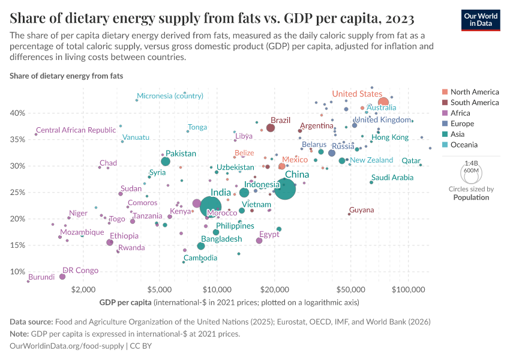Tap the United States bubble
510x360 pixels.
tap(383, 103)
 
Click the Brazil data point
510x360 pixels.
tap(271, 128)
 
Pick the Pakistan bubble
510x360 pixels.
tap(166, 161)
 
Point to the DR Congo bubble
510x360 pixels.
tap(62, 277)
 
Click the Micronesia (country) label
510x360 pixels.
tap(170, 96)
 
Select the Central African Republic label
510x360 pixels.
tap(76, 130)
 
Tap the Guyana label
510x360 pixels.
tap(361, 210)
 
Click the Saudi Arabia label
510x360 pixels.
tap(392, 178)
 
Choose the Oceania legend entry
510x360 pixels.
tap(464, 145)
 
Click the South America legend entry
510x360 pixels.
tap(474, 103)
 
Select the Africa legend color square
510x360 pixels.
tap(444, 113)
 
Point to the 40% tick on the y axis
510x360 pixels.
tap(16, 113)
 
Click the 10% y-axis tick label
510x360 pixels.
tap(16, 272)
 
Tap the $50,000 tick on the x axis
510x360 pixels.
tap(352, 288)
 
